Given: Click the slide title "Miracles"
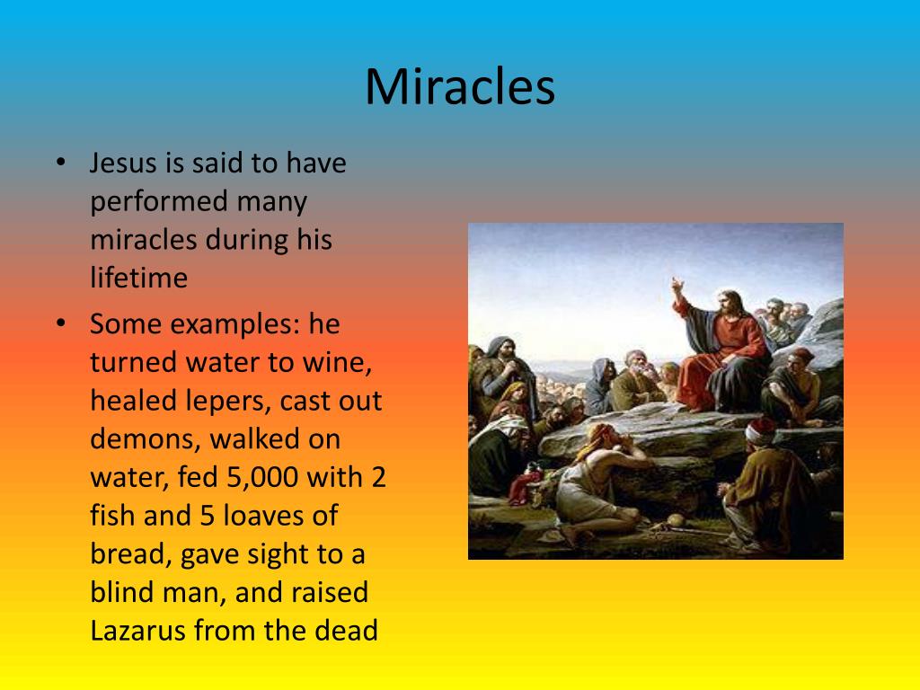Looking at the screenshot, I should click(459, 87).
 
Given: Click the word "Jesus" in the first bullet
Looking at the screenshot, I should click(122, 164).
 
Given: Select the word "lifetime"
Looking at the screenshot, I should click(138, 278).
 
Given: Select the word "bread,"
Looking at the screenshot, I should click(131, 554).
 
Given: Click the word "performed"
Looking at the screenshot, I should click(158, 202).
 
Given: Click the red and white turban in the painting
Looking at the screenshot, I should click(759, 429).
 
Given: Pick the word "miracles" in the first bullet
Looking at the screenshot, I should click(143, 240).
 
